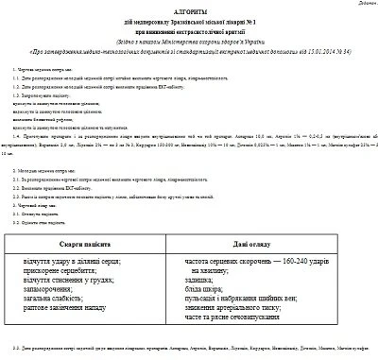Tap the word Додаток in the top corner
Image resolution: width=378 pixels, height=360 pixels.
pos(361,4)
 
